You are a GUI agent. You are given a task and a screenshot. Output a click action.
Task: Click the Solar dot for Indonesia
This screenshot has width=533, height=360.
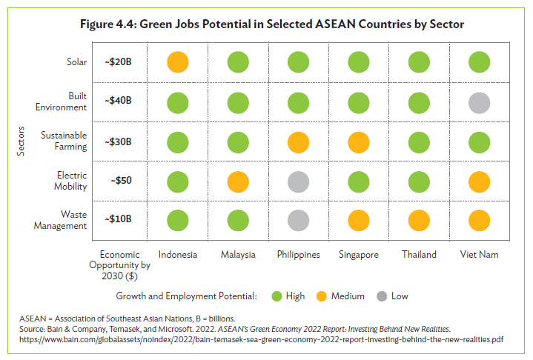coord(178,61)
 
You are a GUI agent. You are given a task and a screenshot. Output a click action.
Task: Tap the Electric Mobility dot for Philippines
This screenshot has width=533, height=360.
coord(298,180)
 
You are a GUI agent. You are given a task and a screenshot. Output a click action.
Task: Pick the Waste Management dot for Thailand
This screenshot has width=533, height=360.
coord(419,219)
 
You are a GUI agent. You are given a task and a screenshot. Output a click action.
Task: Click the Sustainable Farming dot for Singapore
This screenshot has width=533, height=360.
coord(359,141)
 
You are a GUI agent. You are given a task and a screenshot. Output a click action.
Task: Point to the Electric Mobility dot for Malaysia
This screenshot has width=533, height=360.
coord(238,180)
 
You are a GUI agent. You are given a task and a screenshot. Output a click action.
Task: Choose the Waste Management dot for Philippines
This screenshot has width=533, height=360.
coord(298,219)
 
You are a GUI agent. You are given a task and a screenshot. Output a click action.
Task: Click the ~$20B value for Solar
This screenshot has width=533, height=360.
coord(119,61)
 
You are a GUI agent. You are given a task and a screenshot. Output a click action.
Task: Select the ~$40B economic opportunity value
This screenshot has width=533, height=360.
coord(119,101)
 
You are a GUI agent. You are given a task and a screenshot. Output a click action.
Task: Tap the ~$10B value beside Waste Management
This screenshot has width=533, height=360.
coord(119,219)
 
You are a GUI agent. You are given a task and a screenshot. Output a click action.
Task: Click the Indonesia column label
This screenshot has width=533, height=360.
coord(178,254)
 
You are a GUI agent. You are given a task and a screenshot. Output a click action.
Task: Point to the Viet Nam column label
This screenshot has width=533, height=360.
coord(479,254)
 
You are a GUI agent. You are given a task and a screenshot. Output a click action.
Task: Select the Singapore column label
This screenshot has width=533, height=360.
coord(359,254)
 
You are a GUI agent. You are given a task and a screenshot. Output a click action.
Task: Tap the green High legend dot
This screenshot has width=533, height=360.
coord(275,296)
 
